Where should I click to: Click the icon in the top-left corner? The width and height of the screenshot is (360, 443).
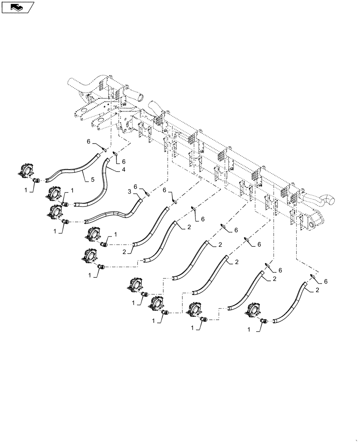tap(18, 7)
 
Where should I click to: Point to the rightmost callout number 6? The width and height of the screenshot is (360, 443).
tap(326, 281)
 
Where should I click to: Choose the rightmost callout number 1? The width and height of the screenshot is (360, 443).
tap(249, 330)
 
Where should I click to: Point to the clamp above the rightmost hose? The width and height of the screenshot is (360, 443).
tap(312, 275)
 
